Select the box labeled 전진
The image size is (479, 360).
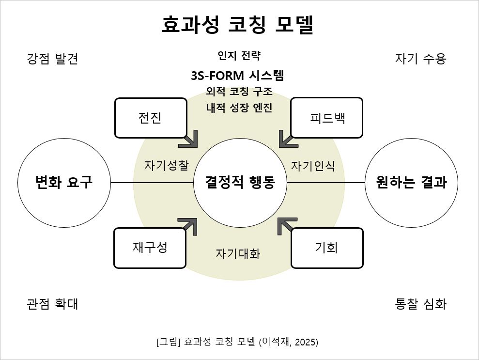point(151,118)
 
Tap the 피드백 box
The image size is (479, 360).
point(327,118)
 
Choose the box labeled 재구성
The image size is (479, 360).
point(150,248)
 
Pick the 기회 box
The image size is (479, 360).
point(327,248)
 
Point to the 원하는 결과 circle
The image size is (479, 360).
point(411,183)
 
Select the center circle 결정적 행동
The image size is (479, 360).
point(240,183)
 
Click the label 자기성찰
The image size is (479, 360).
point(166,165)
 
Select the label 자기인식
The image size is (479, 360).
point(313,165)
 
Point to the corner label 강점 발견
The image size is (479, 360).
point(52,59)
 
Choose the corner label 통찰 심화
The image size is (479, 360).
point(420,304)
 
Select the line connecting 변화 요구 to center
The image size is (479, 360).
point(152,183)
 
